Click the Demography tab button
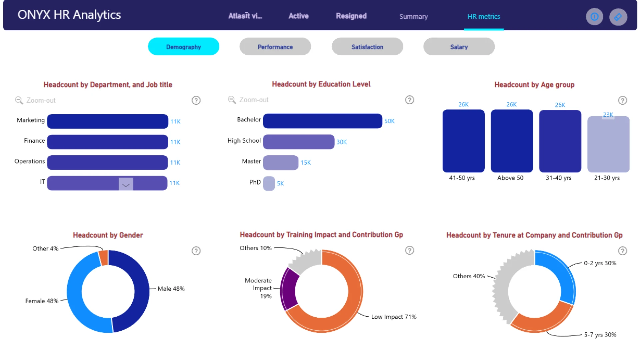tap(183, 47)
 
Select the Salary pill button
tap(459, 47)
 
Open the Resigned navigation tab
tap(351, 16)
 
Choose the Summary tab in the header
tap(413, 16)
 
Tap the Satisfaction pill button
tap(367, 47)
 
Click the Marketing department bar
tap(108, 121)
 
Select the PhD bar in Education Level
tap(269, 183)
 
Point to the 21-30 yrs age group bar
tap(608, 144)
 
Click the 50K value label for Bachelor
tap(389, 121)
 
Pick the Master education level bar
tap(281, 163)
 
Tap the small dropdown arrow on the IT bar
tap(126, 184)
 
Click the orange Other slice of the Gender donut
tap(104, 258)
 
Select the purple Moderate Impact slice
tap(288, 289)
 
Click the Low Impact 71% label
tap(394, 317)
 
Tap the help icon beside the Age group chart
tap(622, 100)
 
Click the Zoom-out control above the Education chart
tap(248, 100)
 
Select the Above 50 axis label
tap(510, 178)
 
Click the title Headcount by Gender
tap(108, 235)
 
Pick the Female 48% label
tap(42, 301)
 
